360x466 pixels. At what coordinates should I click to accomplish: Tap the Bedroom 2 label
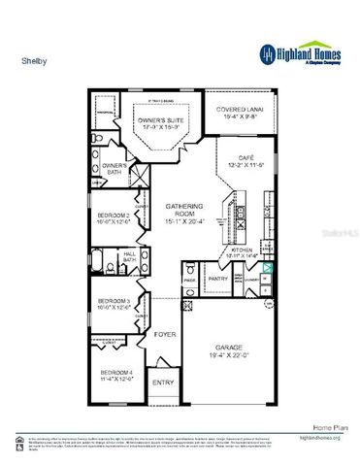pyautogui.click(x=115, y=218)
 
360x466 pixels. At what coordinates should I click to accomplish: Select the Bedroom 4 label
pyautogui.click(x=117, y=375)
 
